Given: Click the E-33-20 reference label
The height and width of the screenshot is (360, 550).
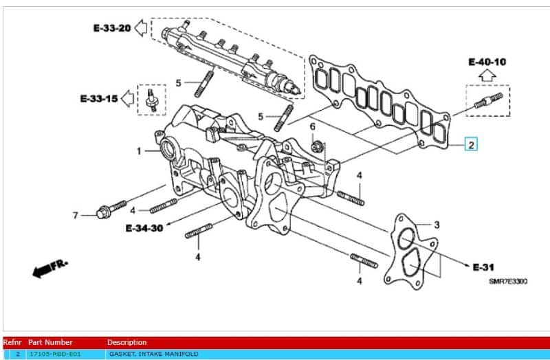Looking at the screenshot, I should tap(111, 28).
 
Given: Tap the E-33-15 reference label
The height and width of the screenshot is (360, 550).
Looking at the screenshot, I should tap(98, 99).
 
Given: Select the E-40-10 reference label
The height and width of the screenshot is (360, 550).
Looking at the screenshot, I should tap(487, 62).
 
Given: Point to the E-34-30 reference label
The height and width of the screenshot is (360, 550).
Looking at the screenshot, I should tap(144, 228).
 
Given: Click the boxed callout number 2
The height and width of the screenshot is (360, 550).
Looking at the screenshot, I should tap(471, 144).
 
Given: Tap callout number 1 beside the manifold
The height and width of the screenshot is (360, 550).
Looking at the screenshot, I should tap(138, 150).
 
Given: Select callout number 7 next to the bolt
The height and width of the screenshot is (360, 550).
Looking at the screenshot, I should tap(76, 216).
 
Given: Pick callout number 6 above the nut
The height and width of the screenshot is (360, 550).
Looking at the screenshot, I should tap(312, 127).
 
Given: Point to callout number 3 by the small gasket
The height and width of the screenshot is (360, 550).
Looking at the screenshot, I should tap(437, 225).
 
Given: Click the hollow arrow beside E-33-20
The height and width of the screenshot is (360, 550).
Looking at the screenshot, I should tap(142, 28).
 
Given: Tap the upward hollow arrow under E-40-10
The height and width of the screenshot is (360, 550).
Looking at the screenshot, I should tap(487, 76).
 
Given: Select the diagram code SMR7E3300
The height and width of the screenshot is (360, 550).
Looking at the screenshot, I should tap(508, 281).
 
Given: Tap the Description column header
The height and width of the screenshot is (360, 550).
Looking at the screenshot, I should tap(126, 342).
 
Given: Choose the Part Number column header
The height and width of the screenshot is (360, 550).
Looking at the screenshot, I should tap(50, 342).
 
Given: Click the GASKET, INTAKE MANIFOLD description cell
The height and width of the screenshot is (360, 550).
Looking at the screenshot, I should tap(153, 354).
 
